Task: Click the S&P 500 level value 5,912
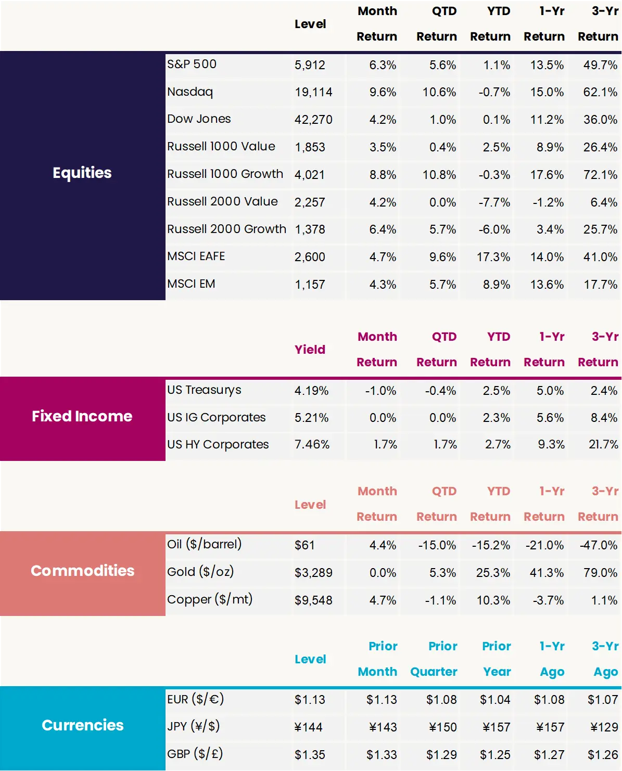[310, 65]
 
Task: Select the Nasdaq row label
[190, 92]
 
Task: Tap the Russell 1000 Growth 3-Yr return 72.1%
[600, 175]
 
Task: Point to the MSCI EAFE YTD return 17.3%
[493, 257]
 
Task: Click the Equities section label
[82, 173]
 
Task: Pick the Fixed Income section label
[82, 416]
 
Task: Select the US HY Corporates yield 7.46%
[312, 445]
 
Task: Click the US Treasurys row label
[204, 390]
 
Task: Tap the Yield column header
[310, 350]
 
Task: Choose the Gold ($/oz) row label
[200, 572]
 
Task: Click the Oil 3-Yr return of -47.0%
[599, 545]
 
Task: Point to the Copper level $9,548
[313, 600]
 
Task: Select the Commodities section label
[82, 571]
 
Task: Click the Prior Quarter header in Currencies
[434, 659]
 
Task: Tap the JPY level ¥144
[309, 727]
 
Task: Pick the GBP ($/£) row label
[195, 754]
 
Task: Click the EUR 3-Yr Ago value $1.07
[602, 700]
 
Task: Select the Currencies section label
[82, 725]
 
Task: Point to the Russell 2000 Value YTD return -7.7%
[494, 202]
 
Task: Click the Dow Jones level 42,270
[313, 120]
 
